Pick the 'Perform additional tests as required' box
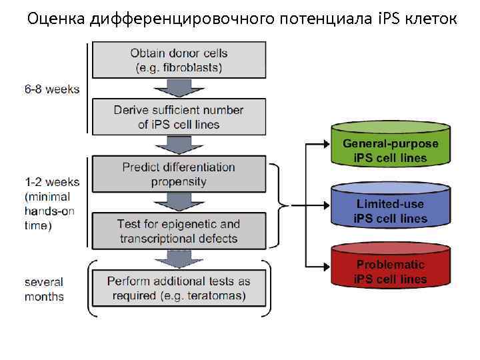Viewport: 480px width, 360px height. (178, 288)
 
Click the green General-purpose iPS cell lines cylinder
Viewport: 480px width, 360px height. (390, 151)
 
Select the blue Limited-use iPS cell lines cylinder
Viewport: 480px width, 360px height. (390, 210)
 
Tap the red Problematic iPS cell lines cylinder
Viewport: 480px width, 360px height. (390, 271)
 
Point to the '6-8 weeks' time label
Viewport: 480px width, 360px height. (52, 89)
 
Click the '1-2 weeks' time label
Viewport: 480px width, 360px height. (52, 181)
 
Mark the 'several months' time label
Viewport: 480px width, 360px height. (44, 289)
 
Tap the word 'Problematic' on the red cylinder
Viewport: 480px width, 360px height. (391, 264)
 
